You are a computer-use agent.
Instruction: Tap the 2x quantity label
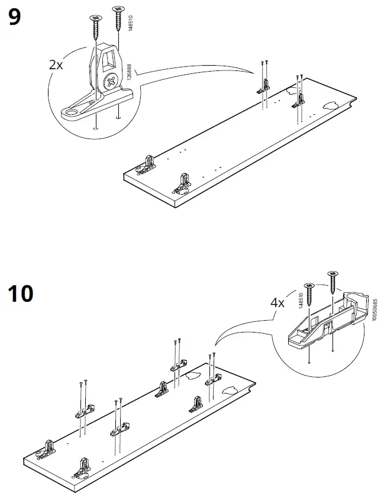click(56, 65)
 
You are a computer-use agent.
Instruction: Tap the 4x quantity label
click(277, 302)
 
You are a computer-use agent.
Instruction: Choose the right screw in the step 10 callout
click(332, 280)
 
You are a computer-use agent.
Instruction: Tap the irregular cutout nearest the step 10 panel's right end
click(230, 391)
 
